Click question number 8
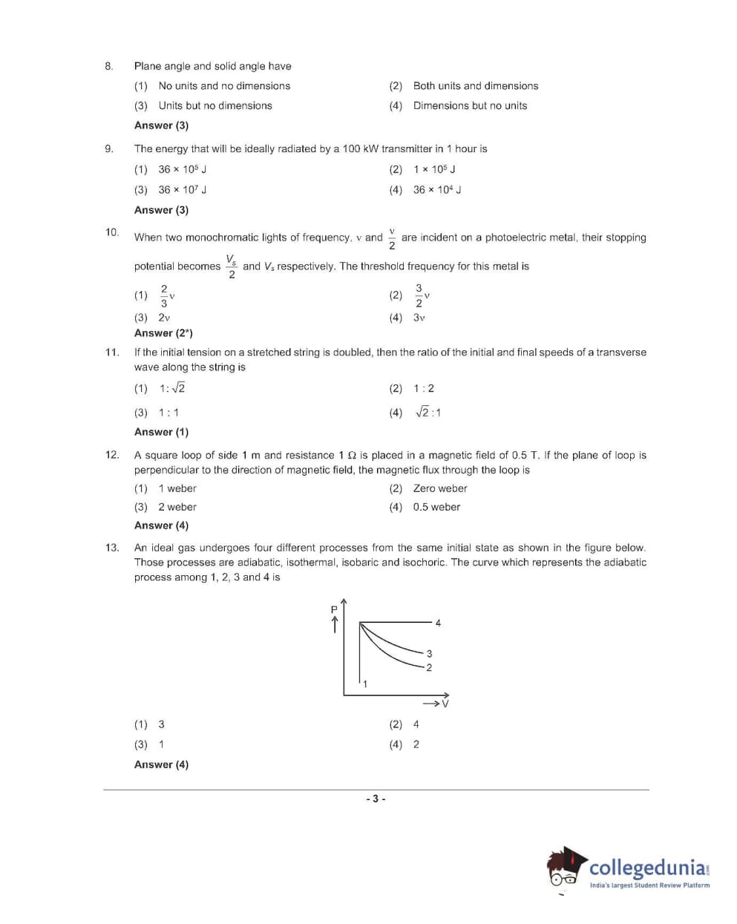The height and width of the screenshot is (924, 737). point(108,66)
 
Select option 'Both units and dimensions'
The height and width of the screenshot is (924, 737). point(475,86)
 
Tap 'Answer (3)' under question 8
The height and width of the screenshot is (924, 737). point(161,125)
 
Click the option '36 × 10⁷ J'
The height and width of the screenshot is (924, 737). point(182,190)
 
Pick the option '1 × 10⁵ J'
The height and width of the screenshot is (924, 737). point(434,169)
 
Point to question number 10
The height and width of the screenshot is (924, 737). point(111,232)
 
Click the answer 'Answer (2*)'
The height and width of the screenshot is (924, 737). point(163,333)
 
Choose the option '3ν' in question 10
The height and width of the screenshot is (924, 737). point(419,318)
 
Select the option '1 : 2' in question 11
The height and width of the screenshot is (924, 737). point(424,388)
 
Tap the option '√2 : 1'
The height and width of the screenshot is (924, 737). point(428,413)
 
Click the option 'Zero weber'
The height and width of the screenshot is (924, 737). point(440,488)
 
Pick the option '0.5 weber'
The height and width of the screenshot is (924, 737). point(436,507)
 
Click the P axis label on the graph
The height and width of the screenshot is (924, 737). point(334,609)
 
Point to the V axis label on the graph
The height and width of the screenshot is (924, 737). point(445,703)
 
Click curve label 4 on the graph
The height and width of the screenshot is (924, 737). point(438,623)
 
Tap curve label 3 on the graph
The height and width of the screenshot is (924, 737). point(429,654)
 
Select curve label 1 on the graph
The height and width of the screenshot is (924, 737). point(365,684)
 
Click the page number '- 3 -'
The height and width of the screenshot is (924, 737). point(376,799)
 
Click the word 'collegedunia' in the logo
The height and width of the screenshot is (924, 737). point(647,868)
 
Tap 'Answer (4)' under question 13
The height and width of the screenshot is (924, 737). point(161,764)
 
